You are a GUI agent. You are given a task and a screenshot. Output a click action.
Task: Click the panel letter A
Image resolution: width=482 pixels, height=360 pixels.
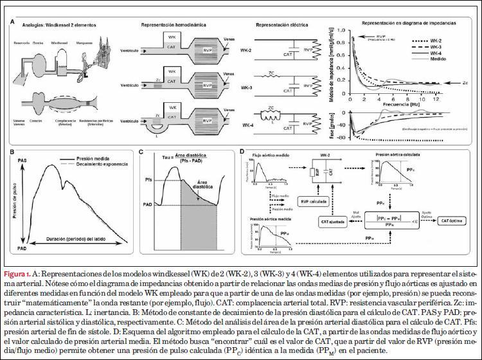click(x=13, y=21)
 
